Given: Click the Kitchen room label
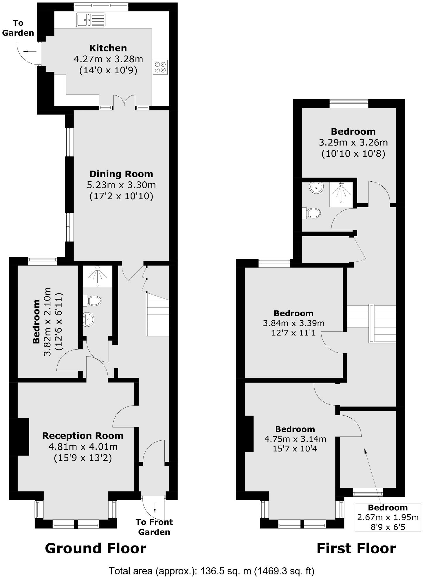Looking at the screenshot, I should (108, 48).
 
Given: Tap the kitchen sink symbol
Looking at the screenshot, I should (91, 20).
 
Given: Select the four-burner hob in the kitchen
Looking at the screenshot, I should (160, 67).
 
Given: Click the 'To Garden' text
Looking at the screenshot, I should (18, 28).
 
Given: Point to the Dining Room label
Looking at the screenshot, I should (121, 174).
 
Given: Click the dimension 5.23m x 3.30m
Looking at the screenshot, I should (121, 185).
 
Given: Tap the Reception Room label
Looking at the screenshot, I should (83, 436).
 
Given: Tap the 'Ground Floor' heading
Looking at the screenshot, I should (96, 548).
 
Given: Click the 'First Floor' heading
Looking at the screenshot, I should (356, 548).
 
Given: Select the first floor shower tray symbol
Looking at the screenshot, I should (341, 194).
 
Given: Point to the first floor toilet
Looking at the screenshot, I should (312, 213).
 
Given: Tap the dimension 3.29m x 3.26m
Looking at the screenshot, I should (353, 143).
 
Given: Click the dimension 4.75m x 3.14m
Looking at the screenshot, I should (295, 439).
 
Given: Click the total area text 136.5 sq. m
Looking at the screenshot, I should (211, 571).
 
